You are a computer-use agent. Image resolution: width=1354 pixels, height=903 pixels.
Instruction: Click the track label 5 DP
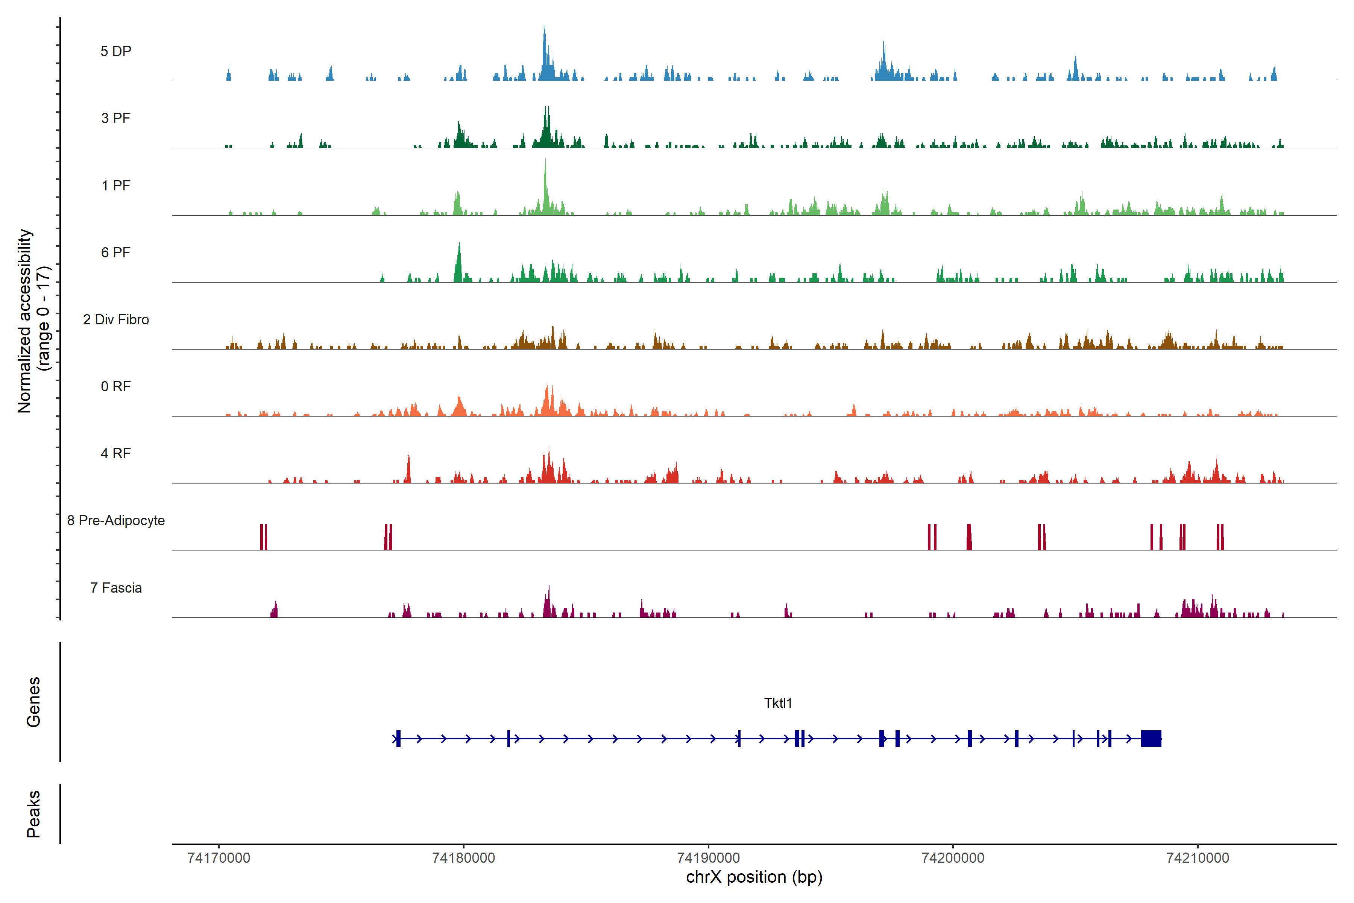pyautogui.click(x=116, y=51)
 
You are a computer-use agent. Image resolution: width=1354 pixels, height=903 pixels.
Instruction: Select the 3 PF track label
pyautogui.click(x=116, y=118)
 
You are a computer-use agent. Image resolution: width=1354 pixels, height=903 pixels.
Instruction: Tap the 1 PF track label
pyautogui.click(x=116, y=185)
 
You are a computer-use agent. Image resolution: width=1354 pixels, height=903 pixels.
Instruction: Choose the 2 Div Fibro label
pyautogui.click(x=116, y=319)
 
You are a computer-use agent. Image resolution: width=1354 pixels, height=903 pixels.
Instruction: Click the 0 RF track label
pyautogui.click(x=116, y=386)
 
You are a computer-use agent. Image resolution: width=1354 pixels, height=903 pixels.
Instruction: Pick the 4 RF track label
pyautogui.click(x=116, y=453)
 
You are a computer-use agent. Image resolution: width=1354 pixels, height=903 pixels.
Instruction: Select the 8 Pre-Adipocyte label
pyautogui.click(x=116, y=521)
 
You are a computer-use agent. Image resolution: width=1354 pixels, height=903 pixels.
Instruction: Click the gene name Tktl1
pyautogui.click(x=778, y=703)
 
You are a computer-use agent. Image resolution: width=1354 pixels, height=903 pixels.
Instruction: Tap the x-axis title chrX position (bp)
pyautogui.click(x=754, y=877)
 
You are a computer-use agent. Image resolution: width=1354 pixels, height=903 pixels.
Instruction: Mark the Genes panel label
pyautogui.click(x=33, y=702)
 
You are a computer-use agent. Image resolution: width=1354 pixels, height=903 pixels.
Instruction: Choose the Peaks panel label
pyautogui.click(x=33, y=814)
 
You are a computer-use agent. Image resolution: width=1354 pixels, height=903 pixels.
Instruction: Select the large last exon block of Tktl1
pyautogui.click(x=1151, y=738)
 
